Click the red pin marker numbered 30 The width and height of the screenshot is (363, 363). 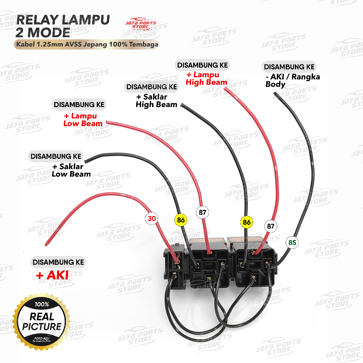[152, 219]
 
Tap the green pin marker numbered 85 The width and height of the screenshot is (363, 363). [292, 243]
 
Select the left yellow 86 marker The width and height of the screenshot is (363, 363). [181, 220]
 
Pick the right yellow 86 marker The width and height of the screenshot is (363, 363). [247, 223]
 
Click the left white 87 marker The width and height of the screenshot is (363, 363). [202, 213]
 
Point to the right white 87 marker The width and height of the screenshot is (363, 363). [271, 226]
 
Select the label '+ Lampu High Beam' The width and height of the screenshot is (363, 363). [207, 78]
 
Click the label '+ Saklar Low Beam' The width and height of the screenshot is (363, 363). [71, 170]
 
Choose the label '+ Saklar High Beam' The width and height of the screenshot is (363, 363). [156, 101]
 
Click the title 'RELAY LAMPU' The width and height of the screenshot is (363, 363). [62, 20]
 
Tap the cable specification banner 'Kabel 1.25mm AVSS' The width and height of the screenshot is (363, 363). [86, 45]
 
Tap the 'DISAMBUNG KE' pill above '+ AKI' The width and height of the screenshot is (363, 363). [58, 262]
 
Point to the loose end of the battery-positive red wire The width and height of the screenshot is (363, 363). [46, 244]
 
